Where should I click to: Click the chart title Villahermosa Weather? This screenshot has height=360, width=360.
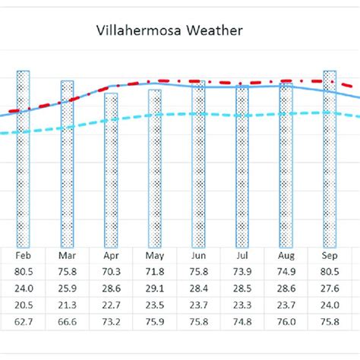pyautogui.click(x=169, y=31)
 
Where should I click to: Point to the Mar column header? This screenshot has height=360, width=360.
pyautogui.click(x=67, y=257)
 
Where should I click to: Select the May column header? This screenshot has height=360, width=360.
pyautogui.click(x=155, y=257)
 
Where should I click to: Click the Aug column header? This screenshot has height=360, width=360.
pyautogui.click(x=286, y=257)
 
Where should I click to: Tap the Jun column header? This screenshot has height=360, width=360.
pyautogui.click(x=198, y=257)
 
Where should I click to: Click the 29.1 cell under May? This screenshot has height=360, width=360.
pyautogui.click(x=155, y=289)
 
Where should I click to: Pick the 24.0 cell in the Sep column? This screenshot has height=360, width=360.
pyautogui.click(x=330, y=305)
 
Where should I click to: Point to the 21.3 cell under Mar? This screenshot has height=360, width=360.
pyautogui.click(x=67, y=305)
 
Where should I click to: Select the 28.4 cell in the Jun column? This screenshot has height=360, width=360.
pyautogui.click(x=198, y=289)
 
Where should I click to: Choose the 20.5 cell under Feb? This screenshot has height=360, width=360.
pyautogui.click(x=23, y=305)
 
